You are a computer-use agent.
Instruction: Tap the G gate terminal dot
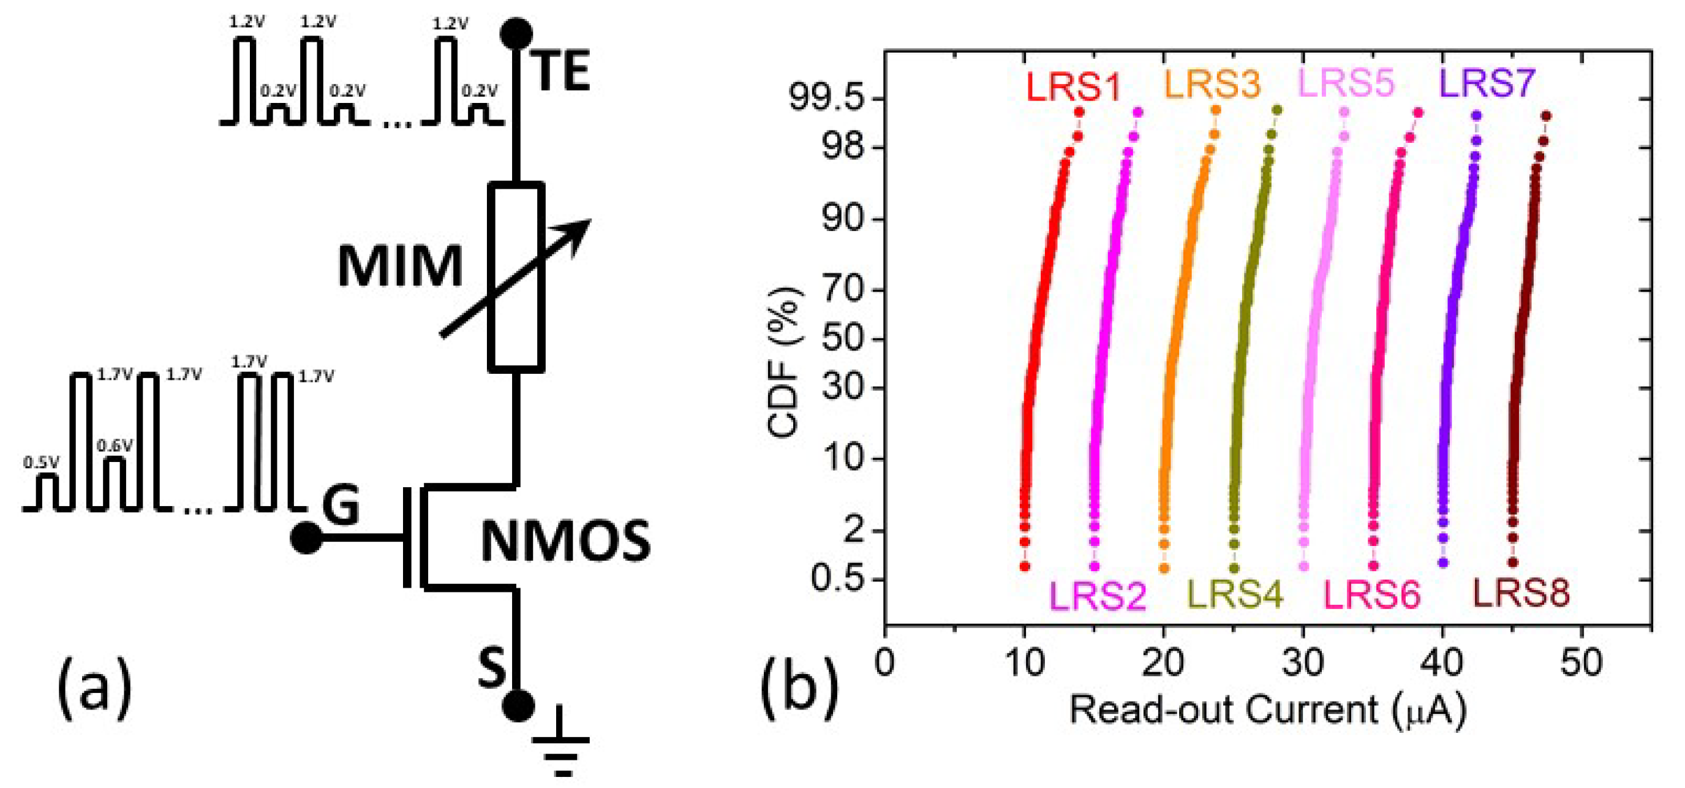pyautogui.click(x=306, y=539)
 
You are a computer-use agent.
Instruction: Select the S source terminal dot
pyautogui.click(x=518, y=705)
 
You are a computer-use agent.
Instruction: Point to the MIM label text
pyautogui.click(x=400, y=267)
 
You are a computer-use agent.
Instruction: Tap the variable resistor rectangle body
pyautogui.click(x=516, y=277)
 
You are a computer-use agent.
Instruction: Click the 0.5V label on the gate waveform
pyautogui.click(x=40, y=462)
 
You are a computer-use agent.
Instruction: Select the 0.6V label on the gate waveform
pyautogui.click(x=115, y=445)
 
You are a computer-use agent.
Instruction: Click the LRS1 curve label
pyautogui.click(x=1072, y=87)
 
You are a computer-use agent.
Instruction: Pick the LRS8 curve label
pyautogui.click(x=1520, y=594)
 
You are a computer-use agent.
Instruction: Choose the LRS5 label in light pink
pyautogui.click(x=1346, y=83)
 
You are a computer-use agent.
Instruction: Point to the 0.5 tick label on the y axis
pyautogui.click(x=837, y=578)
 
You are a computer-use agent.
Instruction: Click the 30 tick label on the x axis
pyautogui.click(x=1303, y=662)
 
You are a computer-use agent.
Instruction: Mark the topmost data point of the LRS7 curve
pyautogui.click(x=1476, y=116)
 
